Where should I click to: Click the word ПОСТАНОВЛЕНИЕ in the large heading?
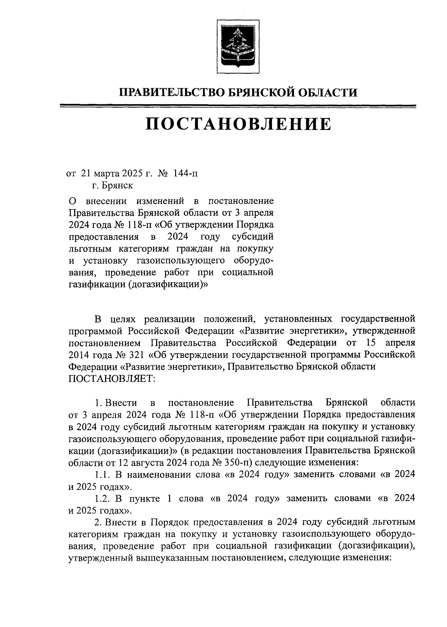pyautogui.click(x=238, y=124)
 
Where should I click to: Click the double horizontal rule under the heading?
pyautogui.click(x=238, y=107)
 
